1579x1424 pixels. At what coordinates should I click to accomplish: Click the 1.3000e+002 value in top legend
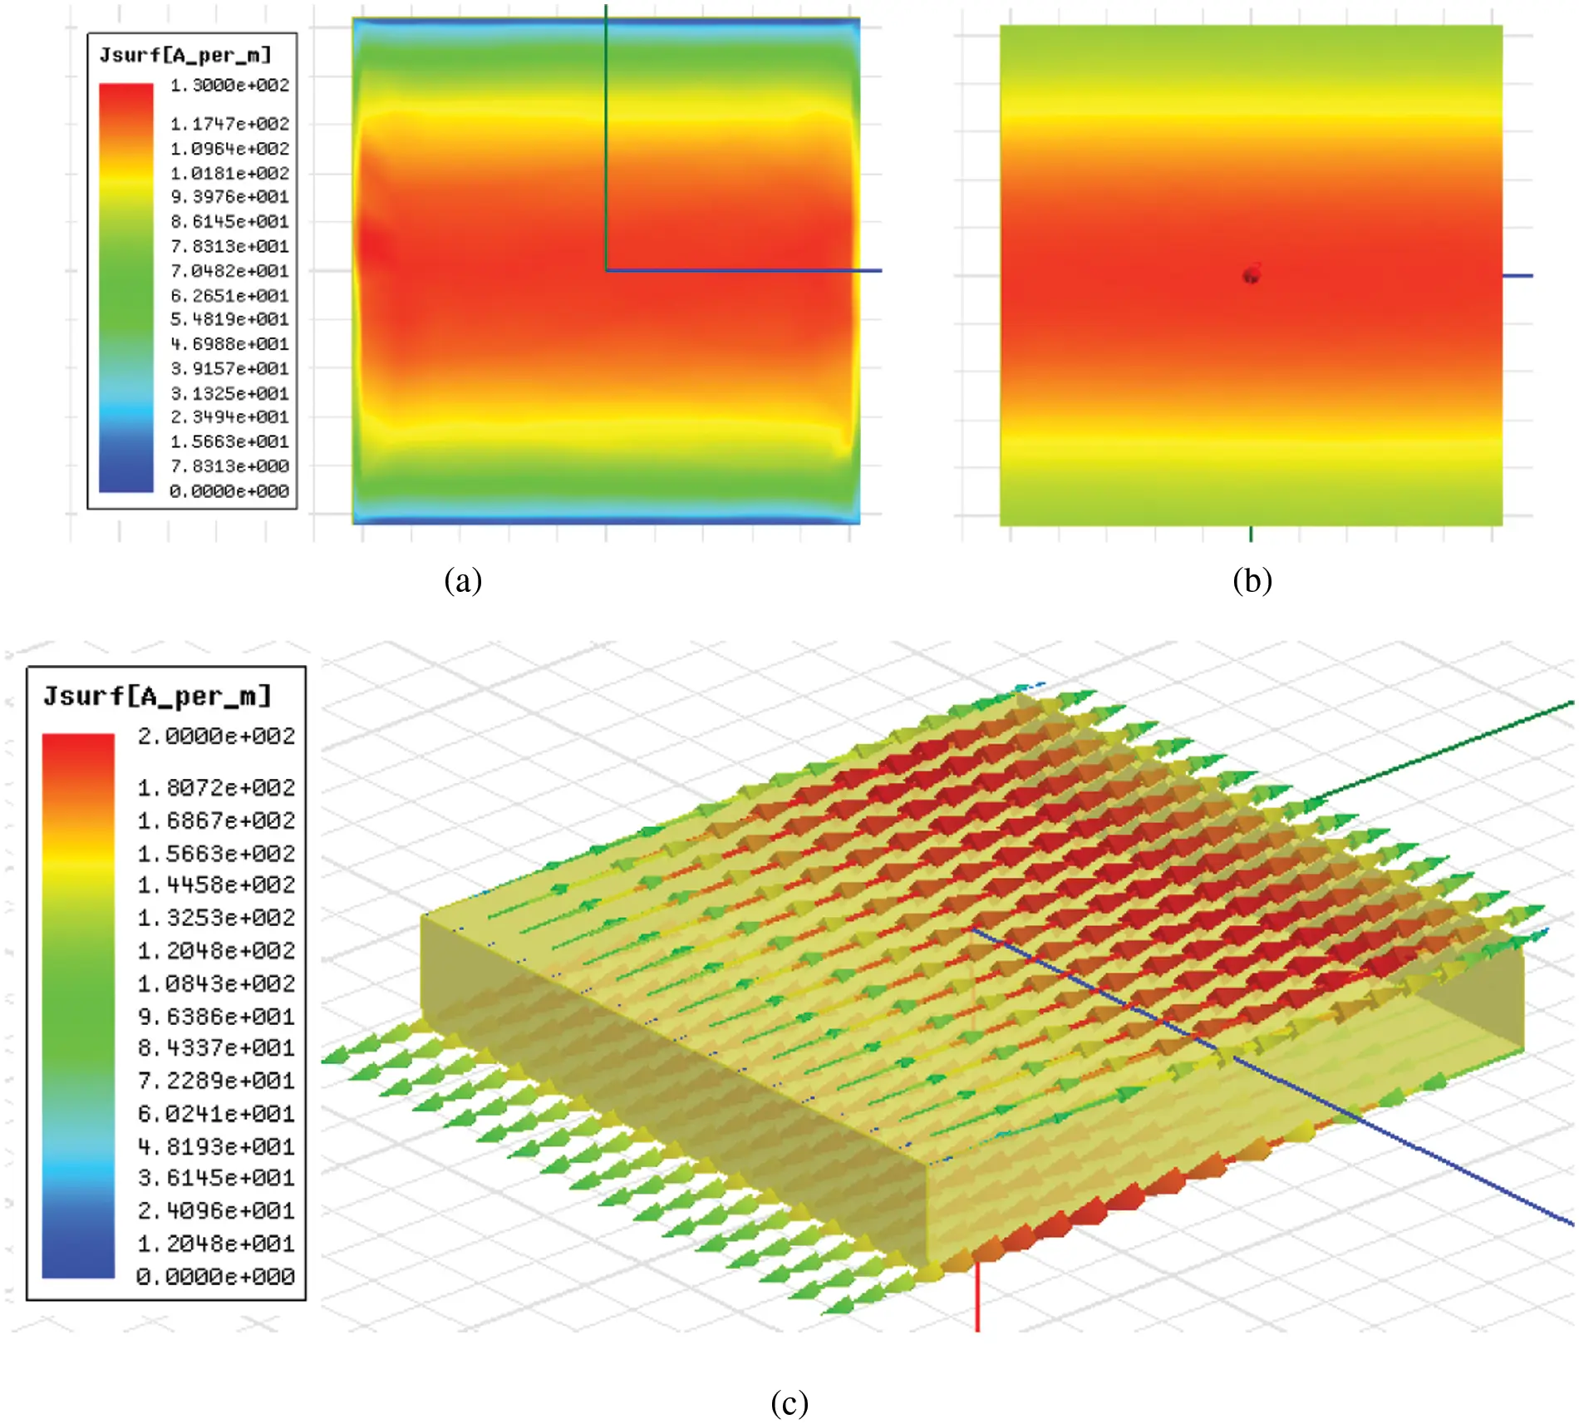229,86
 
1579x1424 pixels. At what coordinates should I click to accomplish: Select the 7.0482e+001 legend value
229,271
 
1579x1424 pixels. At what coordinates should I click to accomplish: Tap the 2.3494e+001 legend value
229,417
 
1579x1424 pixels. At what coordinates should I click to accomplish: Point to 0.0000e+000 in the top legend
229,491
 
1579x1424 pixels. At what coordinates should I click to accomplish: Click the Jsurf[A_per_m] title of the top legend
185,56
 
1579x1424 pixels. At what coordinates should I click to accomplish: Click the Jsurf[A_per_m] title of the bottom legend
158,696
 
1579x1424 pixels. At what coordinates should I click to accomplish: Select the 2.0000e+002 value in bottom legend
216,737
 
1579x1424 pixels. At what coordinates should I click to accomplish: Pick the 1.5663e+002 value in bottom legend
216,854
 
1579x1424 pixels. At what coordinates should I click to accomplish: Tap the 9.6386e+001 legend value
216,1017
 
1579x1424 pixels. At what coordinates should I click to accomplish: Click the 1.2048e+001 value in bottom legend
216,1244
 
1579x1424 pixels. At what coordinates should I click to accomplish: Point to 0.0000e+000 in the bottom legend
216,1277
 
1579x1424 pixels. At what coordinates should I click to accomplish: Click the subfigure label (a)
463,580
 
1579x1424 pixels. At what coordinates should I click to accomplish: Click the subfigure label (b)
1252,580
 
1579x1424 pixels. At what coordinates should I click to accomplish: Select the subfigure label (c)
789,1403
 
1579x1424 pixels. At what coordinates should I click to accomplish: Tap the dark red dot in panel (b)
1252,274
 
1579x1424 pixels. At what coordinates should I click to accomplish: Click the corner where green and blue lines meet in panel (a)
607,270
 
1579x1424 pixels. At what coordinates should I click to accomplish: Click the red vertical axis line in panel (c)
977,1297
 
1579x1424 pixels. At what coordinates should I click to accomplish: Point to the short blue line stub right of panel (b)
1518,276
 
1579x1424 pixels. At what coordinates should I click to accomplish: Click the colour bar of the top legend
126,287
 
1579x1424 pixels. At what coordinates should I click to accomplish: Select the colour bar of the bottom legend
78,1006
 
